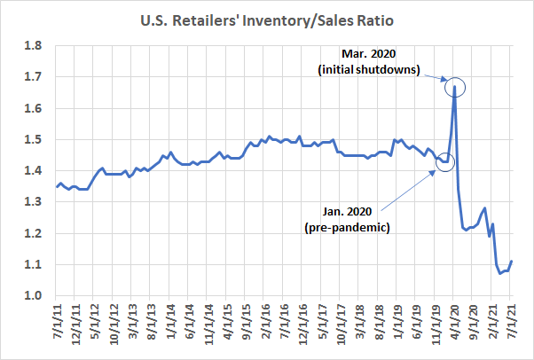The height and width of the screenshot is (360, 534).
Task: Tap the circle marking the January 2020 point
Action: [445, 161]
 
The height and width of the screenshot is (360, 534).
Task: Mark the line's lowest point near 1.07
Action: [500, 273]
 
